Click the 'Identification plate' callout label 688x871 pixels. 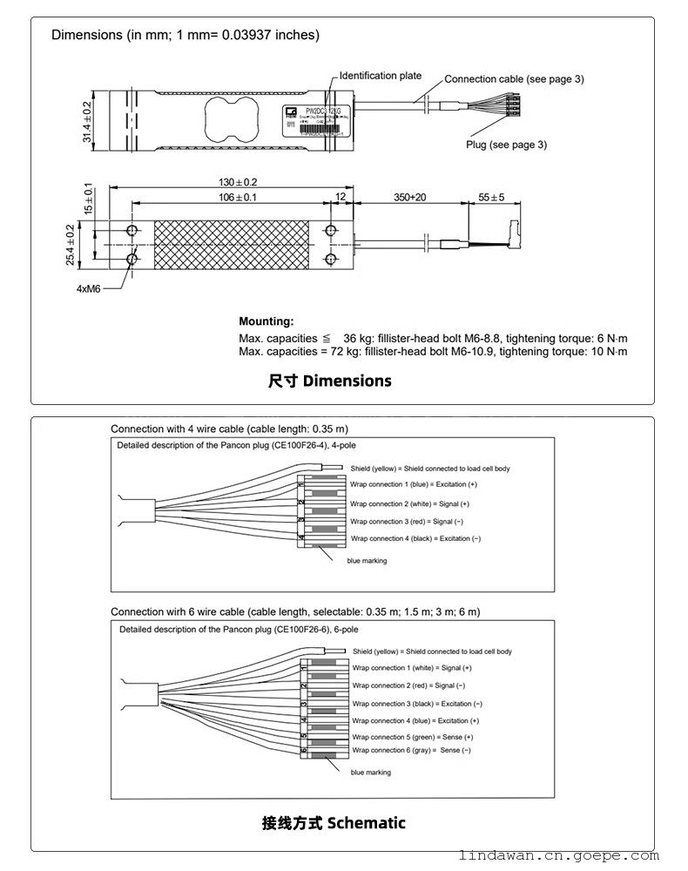point(380,76)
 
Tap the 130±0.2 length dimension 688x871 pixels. point(239,182)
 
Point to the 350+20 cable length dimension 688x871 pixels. point(409,198)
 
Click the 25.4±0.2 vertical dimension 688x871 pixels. point(70,246)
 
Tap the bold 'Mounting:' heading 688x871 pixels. point(266,321)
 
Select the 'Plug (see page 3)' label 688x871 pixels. point(506,145)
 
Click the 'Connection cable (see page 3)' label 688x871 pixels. point(514,79)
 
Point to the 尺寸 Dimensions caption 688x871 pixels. point(329,381)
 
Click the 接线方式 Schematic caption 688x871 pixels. point(334,822)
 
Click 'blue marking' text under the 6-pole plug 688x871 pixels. point(370,773)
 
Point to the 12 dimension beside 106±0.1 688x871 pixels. point(340,198)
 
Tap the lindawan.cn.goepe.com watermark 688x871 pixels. point(570,857)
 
